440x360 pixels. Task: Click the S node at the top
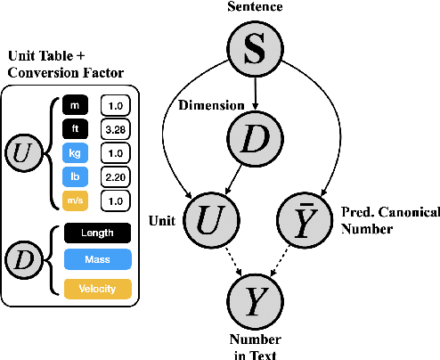point(254,50)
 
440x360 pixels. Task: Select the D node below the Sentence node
point(254,137)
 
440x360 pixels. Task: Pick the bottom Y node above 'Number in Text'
point(254,302)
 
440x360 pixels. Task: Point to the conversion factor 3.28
point(116,130)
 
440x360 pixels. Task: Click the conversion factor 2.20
point(116,176)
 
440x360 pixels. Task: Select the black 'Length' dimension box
point(96,233)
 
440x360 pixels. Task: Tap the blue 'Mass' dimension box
point(96,260)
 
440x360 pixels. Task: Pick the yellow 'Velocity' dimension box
point(96,288)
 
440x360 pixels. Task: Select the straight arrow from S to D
point(254,93)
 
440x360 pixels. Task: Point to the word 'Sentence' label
point(254,7)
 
